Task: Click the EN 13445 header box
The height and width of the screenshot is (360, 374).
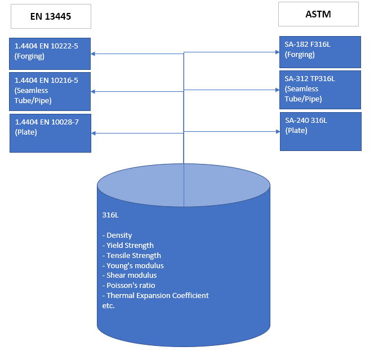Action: pos(51,17)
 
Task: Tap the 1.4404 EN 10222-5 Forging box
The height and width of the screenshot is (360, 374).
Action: pos(50,53)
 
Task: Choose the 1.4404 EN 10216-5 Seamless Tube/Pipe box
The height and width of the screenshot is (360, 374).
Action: pos(50,91)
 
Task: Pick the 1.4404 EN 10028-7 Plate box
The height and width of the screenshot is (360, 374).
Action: pos(50,132)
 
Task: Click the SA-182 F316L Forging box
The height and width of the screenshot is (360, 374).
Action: pos(320,52)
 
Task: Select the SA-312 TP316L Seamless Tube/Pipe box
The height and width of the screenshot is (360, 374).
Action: pos(320,90)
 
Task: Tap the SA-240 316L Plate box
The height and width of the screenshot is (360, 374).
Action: pos(320,131)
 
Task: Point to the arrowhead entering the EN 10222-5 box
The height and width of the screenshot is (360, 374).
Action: pos(94,54)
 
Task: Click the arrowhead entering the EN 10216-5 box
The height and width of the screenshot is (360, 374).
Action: pos(94,91)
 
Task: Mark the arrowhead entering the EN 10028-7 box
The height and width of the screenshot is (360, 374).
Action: pos(94,133)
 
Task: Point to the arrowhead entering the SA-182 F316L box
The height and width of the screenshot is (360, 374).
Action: pos(277,52)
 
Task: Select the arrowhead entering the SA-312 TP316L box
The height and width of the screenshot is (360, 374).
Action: pos(277,90)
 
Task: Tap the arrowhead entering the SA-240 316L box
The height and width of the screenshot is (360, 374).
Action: pos(277,131)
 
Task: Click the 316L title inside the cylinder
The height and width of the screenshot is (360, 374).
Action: pos(110,215)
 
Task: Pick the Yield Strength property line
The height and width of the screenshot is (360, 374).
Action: pos(128,245)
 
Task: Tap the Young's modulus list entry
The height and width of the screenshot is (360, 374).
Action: pos(133,265)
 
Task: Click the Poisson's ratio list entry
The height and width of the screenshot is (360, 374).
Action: pos(128,286)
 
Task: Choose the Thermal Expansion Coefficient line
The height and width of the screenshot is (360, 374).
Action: pos(155,296)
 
